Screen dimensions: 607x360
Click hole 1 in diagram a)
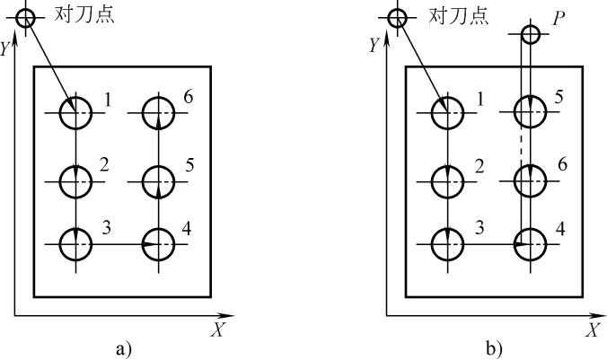click(75, 113)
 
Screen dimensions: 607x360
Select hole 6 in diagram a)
click(159, 113)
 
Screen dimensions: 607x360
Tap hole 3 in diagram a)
click(75, 242)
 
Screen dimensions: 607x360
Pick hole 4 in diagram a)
click(159, 242)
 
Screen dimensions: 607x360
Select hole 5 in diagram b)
click(529, 113)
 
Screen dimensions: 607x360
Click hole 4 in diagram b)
click(529, 242)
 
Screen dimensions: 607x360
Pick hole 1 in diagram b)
click(446, 113)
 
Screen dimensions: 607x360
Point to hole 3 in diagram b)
click(446, 242)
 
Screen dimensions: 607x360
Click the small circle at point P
click(529, 35)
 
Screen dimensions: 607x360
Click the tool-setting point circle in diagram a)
click(25, 16)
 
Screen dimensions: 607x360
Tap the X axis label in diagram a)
click(217, 330)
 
